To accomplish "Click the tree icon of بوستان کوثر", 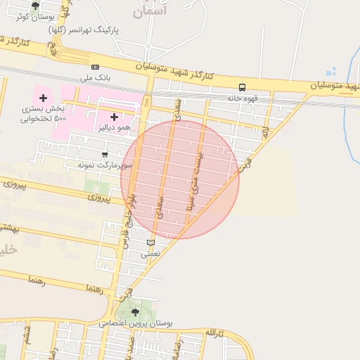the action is point(35,6).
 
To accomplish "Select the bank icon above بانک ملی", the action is point(95,67).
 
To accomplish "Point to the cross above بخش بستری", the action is point(44,98).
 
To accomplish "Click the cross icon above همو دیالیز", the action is point(114,116).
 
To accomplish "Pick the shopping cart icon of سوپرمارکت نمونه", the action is point(105,155).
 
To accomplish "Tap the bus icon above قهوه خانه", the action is point(242,88).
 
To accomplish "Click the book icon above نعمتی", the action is point(150,243).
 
